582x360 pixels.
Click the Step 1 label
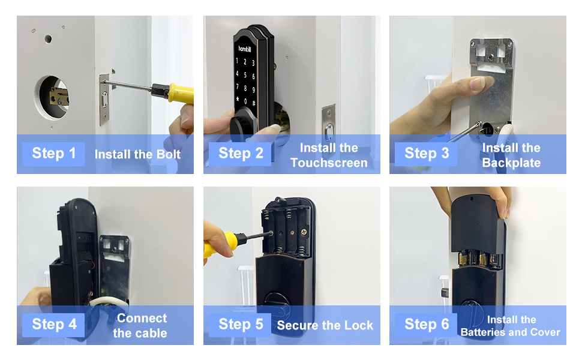click(x=53, y=154)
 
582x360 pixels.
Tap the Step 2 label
click(x=240, y=154)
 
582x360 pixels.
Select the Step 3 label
click(x=426, y=154)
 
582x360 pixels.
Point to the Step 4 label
click(x=53, y=325)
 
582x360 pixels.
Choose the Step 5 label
click(x=240, y=325)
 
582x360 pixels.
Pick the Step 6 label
click(x=426, y=325)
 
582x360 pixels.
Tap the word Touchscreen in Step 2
click(x=329, y=163)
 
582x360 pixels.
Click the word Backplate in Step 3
click(x=511, y=163)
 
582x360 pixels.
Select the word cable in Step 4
click(x=140, y=333)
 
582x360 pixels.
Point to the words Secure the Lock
click(x=325, y=325)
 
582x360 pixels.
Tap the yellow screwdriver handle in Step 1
click(x=181, y=94)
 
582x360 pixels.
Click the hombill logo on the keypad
click(x=245, y=49)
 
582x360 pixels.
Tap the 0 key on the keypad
click(x=245, y=101)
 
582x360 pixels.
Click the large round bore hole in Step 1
click(x=52, y=98)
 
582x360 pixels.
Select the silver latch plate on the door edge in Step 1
click(x=104, y=100)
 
